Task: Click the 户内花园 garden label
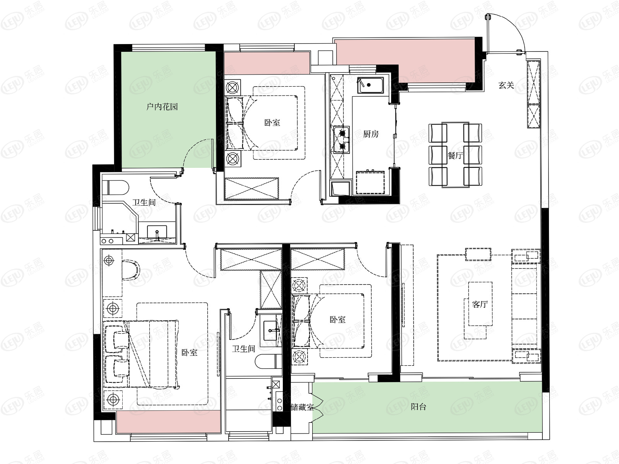click(162, 107)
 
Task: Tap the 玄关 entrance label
click(506, 85)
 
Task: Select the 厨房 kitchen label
click(371, 134)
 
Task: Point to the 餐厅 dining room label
click(455, 155)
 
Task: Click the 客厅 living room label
click(480, 304)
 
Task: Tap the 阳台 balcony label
click(418, 406)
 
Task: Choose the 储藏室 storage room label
click(302, 407)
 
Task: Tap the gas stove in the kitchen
click(342, 140)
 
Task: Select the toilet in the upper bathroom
click(116, 188)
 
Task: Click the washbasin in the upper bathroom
click(157, 232)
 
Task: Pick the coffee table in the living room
click(480, 304)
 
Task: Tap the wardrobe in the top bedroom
click(251, 188)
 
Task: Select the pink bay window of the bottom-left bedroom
click(168, 422)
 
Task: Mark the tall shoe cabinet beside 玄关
click(533, 94)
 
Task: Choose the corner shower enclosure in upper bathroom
click(120, 222)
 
